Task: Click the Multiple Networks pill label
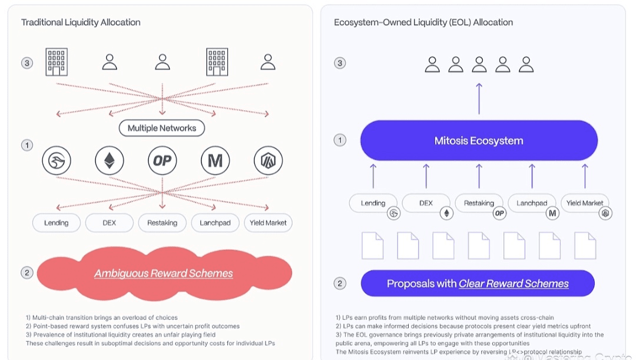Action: click(x=162, y=128)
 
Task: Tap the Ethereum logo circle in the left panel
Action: click(x=110, y=160)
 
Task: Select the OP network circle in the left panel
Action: click(x=163, y=160)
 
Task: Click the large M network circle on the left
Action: click(x=215, y=160)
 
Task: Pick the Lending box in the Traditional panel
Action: click(x=57, y=223)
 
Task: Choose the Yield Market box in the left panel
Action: click(x=268, y=223)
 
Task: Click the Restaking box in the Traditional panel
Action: click(x=162, y=223)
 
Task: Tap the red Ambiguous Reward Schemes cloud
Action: click(x=164, y=273)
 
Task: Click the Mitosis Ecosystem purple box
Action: click(x=479, y=141)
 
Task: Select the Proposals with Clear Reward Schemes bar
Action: click(x=478, y=283)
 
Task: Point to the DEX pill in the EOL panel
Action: click(x=426, y=203)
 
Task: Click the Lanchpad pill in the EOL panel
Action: click(x=532, y=203)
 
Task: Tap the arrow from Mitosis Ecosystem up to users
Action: click(x=479, y=98)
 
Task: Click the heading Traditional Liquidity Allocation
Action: click(x=81, y=22)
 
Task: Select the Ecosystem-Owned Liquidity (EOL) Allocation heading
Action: click(x=423, y=22)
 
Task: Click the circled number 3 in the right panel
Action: click(x=340, y=63)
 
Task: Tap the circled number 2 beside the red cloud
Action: click(x=26, y=273)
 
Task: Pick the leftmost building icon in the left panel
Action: click(x=57, y=62)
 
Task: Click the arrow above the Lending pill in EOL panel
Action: click(x=373, y=176)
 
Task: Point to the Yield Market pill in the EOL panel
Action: click(x=585, y=203)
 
